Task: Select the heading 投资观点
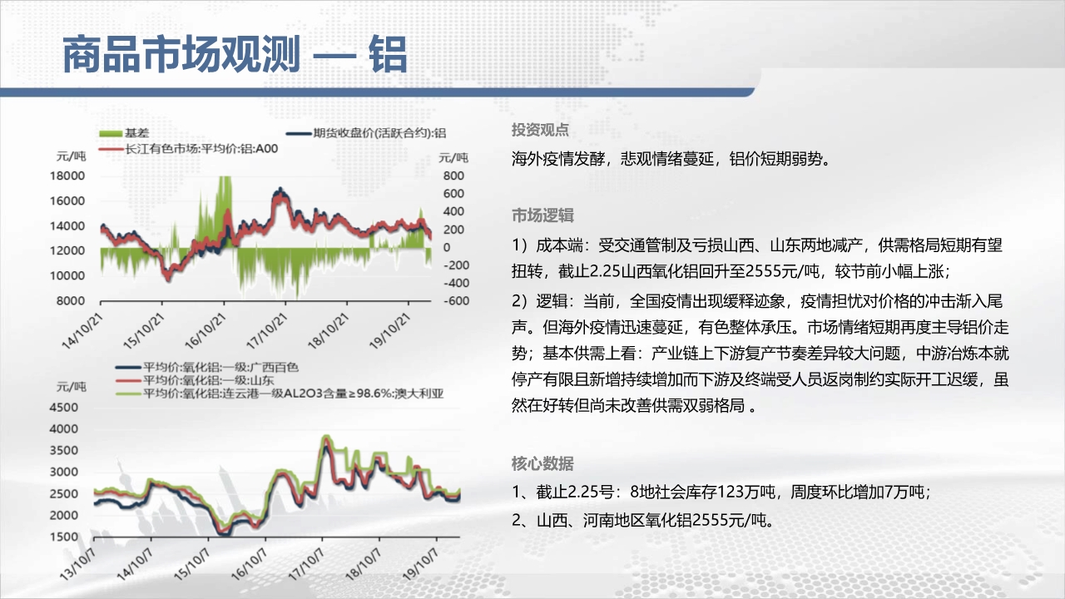(x=540, y=130)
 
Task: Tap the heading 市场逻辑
(x=542, y=215)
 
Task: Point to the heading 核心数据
(x=542, y=463)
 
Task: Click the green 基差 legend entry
(x=124, y=133)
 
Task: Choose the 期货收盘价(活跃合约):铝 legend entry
(x=366, y=133)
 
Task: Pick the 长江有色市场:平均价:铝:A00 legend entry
(x=188, y=149)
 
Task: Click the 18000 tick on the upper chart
(x=67, y=176)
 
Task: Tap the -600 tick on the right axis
(x=456, y=301)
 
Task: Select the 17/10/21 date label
(x=267, y=331)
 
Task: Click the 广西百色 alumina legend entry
(x=207, y=367)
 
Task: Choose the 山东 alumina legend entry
(x=195, y=380)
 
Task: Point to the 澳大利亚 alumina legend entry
(x=280, y=394)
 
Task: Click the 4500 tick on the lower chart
(x=64, y=408)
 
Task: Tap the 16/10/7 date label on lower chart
(x=249, y=564)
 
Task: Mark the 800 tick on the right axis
(x=453, y=176)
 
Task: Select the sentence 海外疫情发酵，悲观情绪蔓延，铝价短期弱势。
(x=671, y=159)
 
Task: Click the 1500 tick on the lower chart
(x=64, y=537)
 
